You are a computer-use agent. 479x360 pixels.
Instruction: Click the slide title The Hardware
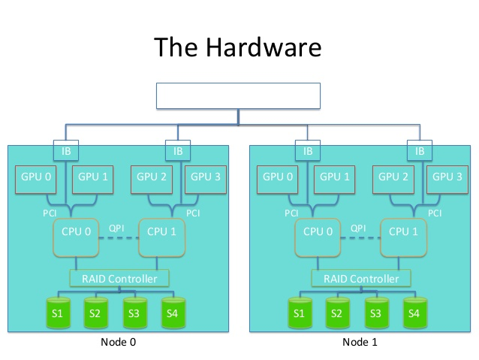click(x=239, y=47)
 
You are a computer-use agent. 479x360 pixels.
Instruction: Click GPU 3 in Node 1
click(x=447, y=177)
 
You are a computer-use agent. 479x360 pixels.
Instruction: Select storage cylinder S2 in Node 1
click(x=337, y=312)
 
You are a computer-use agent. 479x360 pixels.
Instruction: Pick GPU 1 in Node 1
click(x=336, y=177)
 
